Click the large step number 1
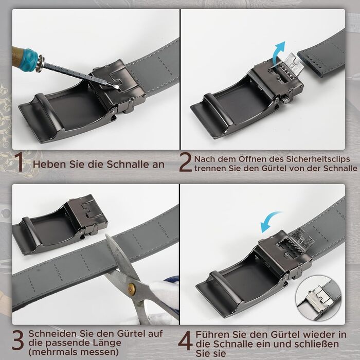[x=20, y=163]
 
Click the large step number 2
[x=185, y=163]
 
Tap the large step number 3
[x=18, y=340]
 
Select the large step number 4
[x=186, y=340]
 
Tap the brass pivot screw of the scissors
[x=132, y=287]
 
